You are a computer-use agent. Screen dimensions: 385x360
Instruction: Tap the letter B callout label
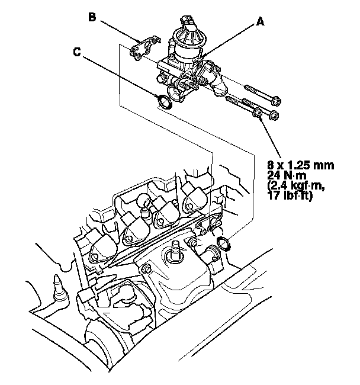click(92, 17)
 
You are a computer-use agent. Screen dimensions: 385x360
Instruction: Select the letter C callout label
click(77, 52)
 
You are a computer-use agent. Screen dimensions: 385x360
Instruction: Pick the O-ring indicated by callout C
click(165, 101)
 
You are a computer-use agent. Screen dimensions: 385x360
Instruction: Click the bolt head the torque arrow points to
click(258, 112)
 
